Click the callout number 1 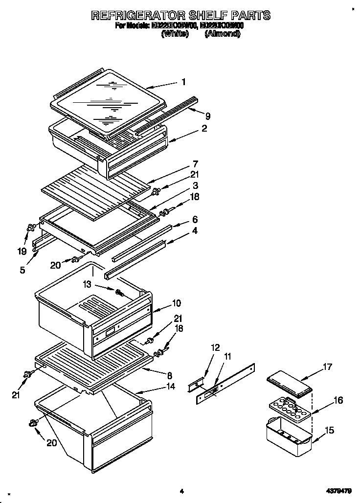click(x=183, y=82)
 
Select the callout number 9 click(x=207, y=116)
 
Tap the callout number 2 click(x=204, y=129)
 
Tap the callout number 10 click(x=176, y=304)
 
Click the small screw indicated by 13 click(x=119, y=293)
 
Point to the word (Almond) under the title click(x=222, y=34)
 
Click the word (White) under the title click(x=175, y=34)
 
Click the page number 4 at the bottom click(x=181, y=490)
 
